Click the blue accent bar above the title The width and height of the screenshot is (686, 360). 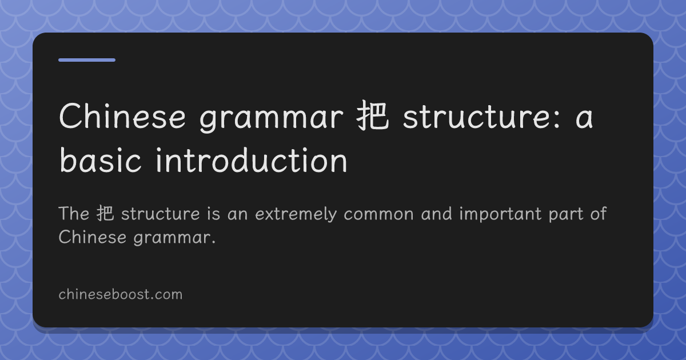(87, 60)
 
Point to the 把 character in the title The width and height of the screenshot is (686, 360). (373, 115)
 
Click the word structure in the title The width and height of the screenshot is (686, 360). (478, 117)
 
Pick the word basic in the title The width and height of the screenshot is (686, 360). (100, 160)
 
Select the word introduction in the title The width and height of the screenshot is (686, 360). (252, 160)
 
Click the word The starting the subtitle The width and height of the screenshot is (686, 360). (74, 213)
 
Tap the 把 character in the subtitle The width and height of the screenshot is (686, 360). (105, 213)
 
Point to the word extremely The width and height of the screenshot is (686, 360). (296, 215)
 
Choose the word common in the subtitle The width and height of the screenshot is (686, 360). (378, 214)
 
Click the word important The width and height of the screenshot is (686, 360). (500, 214)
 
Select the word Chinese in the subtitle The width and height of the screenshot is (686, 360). (93, 237)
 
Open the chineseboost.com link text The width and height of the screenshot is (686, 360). (121, 294)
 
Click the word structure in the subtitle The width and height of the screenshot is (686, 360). (161, 214)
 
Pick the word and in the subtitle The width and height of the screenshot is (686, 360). (436, 213)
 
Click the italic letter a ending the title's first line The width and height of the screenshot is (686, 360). (584, 119)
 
